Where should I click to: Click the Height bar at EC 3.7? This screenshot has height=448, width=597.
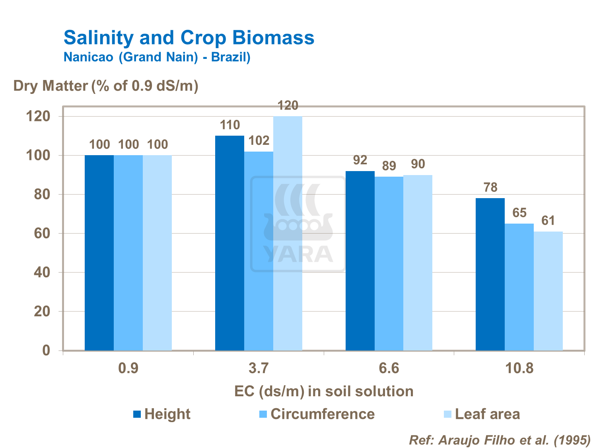click(x=229, y=243)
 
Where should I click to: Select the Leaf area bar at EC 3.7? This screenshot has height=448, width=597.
click(x=288, y=233)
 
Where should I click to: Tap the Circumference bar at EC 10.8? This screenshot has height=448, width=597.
click(x=519, y=287)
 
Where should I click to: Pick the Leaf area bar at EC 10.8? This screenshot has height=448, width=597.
click(x=548, y=291)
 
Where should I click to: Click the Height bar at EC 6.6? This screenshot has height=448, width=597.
click(x=360, y=261)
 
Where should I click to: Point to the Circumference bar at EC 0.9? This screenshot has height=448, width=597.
click(x=128, y=253)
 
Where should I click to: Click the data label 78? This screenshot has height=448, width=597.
click(x=490, y=187)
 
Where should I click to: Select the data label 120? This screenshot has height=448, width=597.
click(x=288, y=106)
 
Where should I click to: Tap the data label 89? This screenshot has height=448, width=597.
click(x=389, y=166)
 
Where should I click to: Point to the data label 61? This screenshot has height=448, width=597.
click(x=548, y=220)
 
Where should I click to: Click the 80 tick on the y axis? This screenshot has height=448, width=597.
click(x=42, y=195)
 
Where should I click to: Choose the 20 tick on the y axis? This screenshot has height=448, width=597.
click(x=42, y=312)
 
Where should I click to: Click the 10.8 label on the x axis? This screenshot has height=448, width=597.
click(x=519, y=368)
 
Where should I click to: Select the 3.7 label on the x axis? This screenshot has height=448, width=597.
click(x=259, y=368)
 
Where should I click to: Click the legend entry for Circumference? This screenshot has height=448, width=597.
click(x=322, y=414)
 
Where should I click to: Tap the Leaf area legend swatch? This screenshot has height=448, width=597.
click(x=447, y=414)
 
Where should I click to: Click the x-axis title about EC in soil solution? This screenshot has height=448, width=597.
click(x=324, y=392)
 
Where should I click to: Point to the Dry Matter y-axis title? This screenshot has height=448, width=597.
click(x=106, y=86)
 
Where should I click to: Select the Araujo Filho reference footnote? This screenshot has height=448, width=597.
click(x=500, y=440)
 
